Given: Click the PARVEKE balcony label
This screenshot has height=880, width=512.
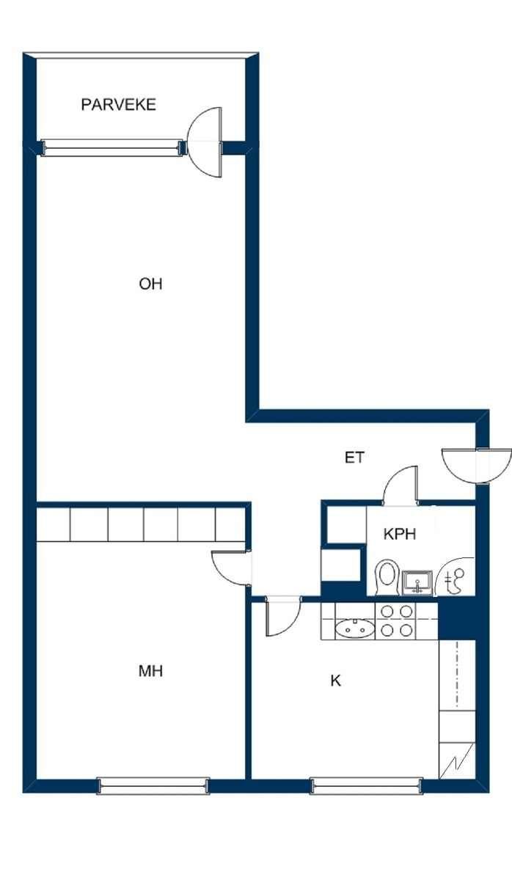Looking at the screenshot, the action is click(x=118, y=104).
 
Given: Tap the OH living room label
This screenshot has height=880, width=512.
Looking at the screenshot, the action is click(x=150, y=284).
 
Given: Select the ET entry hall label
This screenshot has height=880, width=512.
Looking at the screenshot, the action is click(x=354, y=458).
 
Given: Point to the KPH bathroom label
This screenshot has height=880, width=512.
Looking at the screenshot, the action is click(x=400, y=535).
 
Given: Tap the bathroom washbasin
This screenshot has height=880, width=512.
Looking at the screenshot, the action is click(x=417, y=582).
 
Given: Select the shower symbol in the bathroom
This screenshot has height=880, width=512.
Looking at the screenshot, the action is click(x=456, y=576).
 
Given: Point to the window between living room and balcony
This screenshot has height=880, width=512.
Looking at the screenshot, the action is click(x=113, y=147).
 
